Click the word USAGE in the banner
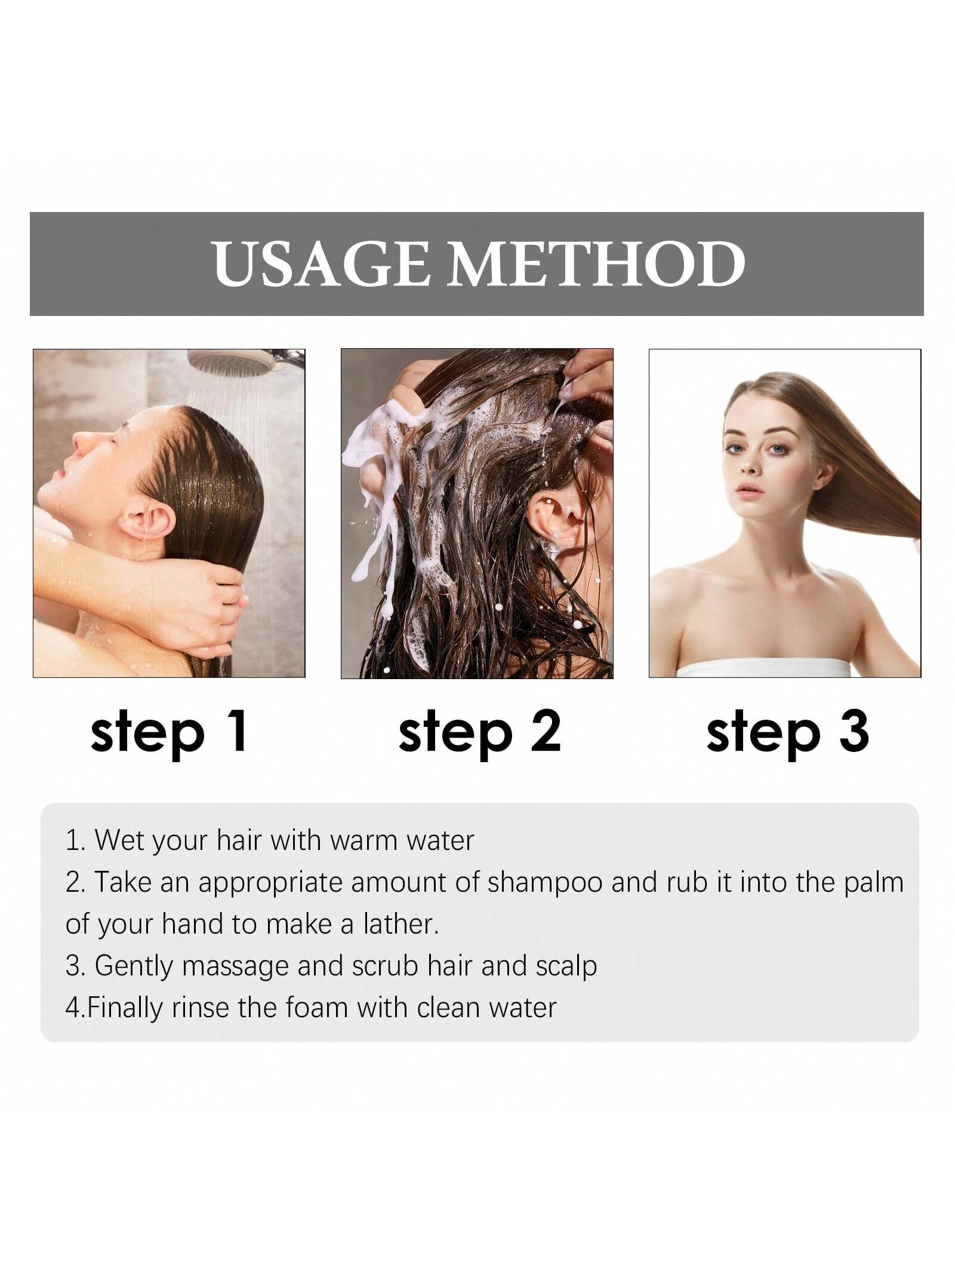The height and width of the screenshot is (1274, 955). pyautogui.click(x=321, y=263)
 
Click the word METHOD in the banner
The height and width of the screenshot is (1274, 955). pyautogui.click(x=597, y=263)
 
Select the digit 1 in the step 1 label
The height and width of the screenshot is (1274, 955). pyautogui.click(x=237, y=730)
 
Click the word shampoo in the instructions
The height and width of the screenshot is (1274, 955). pyautogui.click(x=544, y=883)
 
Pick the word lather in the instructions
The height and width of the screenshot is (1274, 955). pyautogui.click(x=401, y=924)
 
